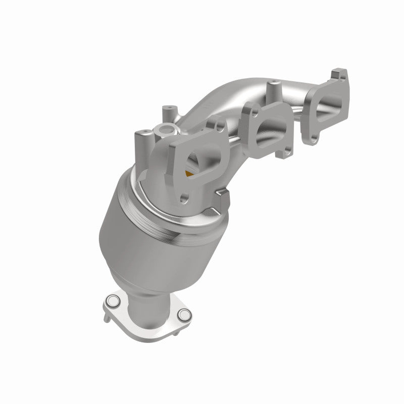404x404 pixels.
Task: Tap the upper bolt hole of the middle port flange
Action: click(x=249, y=109)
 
